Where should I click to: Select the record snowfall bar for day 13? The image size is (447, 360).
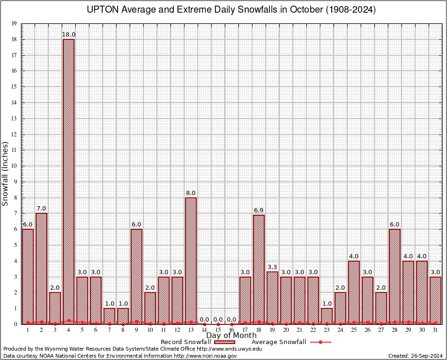[x=191, y=261]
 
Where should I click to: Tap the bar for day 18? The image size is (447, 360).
[x=259, y=270]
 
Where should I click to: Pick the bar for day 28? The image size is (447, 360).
[x=395, y=277]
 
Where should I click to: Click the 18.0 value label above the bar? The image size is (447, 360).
[x=69, y=35]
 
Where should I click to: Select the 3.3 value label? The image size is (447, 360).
[x=272, y=267]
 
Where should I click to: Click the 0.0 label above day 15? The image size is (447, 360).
[x=218, y=320]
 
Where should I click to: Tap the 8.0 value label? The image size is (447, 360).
[x=191, y=193]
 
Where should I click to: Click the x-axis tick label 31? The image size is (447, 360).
[x=435, y=330]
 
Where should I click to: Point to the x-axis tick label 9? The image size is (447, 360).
[x=136, y=330]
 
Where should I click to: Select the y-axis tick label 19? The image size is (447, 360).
[x=14, y=23]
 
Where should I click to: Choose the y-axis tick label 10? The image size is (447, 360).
[x=14, y=166]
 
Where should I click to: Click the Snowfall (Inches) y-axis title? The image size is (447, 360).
[x=6, y=173]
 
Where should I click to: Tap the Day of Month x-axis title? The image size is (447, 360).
[x=231, y=336]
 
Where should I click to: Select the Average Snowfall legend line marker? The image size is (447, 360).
[x=320, y=342]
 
